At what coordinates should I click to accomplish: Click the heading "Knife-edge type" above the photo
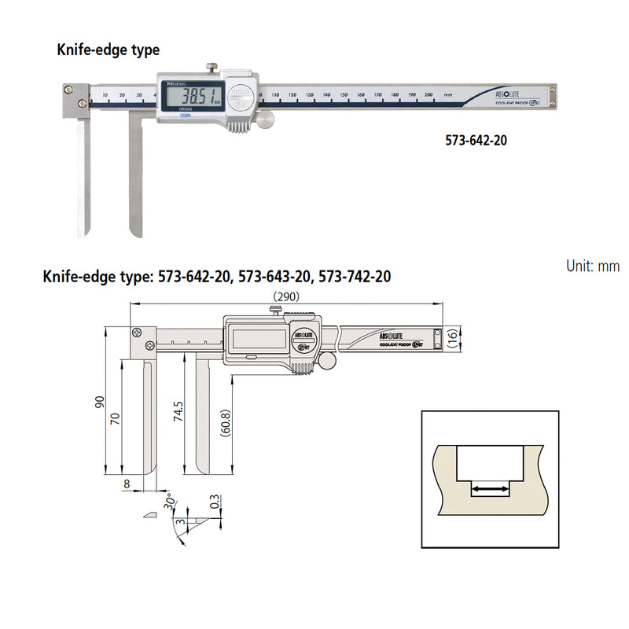[x=108, y=50]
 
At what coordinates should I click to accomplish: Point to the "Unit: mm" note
[x=592, y=266]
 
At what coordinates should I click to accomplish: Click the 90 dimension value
[x=100, y=402]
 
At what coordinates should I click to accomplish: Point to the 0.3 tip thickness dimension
[x=214, y=502]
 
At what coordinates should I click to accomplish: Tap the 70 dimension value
[x=116, y=418]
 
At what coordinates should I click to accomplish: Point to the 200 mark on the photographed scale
[x=429, y=94]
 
